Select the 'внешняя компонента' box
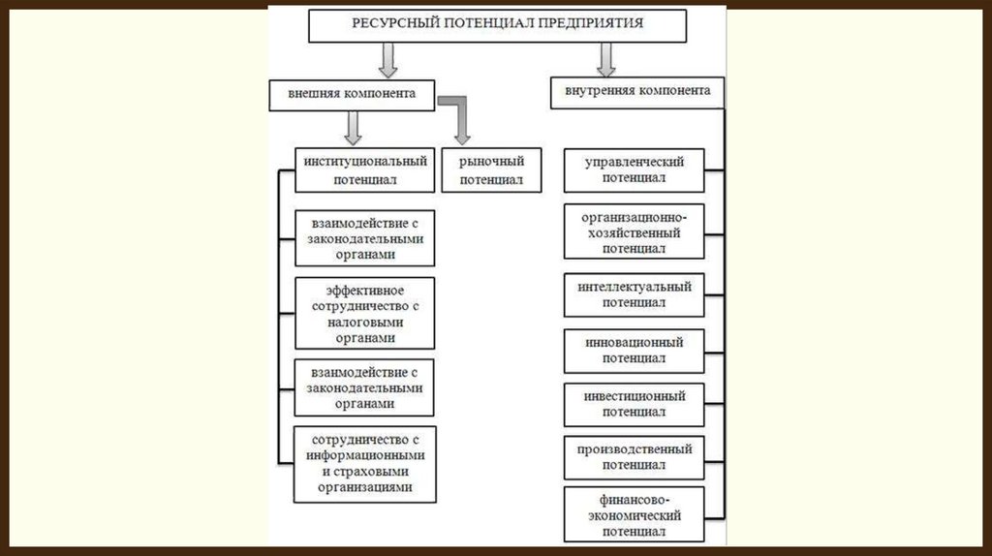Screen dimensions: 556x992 [352, 95]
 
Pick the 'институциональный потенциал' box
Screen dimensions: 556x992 [364, 170]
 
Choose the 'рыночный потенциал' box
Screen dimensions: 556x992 [491, 170]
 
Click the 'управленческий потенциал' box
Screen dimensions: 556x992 [634, 170]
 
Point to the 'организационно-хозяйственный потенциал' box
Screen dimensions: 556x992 [634, 232]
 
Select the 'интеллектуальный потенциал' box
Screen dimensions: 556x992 [634, 294]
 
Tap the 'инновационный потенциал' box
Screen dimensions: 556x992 [634, 350]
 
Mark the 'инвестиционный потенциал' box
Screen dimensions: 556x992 [634, 404]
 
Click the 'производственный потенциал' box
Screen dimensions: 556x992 [634, 457]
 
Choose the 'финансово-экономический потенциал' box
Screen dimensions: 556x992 [634, 515]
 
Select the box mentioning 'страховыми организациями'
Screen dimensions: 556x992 [364, 464]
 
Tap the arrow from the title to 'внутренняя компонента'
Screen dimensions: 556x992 [606, 59]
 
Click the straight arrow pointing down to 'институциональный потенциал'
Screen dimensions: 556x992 [353, 127]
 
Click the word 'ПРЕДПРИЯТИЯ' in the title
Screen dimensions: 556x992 [600, 22]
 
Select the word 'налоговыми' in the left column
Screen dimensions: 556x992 [364, 323]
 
